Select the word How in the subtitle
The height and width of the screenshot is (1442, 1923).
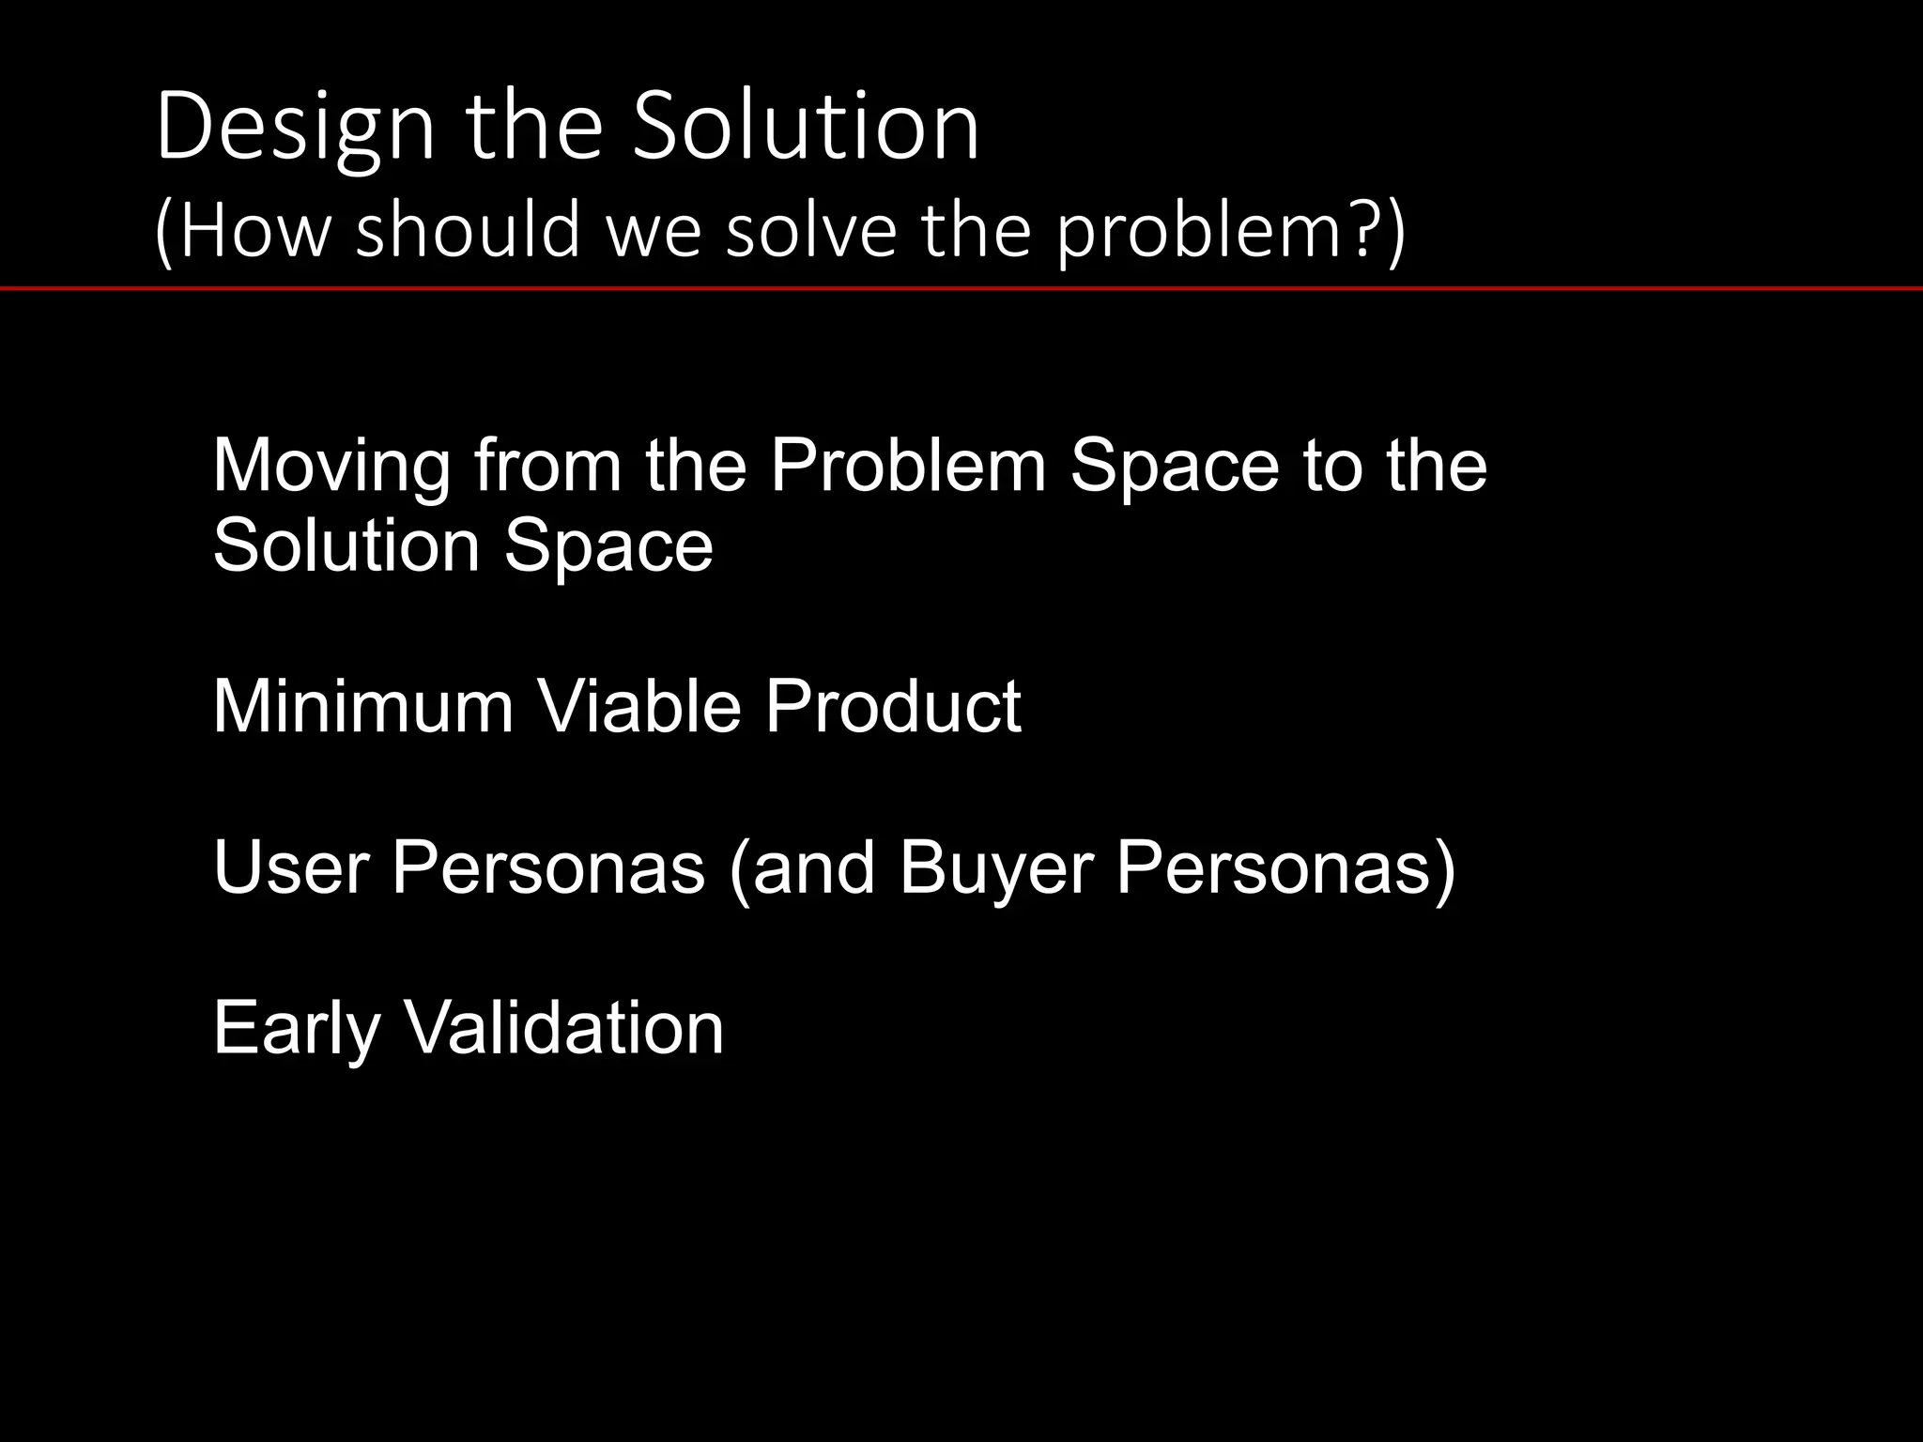[x=254, y=230]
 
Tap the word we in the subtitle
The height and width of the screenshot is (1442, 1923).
[x=654, y=230]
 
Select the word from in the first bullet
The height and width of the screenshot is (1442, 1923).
[x=547, y=465]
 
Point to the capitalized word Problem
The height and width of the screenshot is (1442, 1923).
[x=908, y=465]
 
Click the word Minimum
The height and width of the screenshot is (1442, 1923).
[x=363, y=706]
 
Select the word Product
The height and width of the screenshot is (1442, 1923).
[x=892, y=706]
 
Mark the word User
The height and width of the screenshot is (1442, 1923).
[x=291, y=867]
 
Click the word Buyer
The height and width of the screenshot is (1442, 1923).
[x=996, y=867]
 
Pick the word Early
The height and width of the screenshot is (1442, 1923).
[x=296, y=1028]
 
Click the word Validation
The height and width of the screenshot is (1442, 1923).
[x=563, y=1028]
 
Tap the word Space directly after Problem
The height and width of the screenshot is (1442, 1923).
[x=1175, y=465]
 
